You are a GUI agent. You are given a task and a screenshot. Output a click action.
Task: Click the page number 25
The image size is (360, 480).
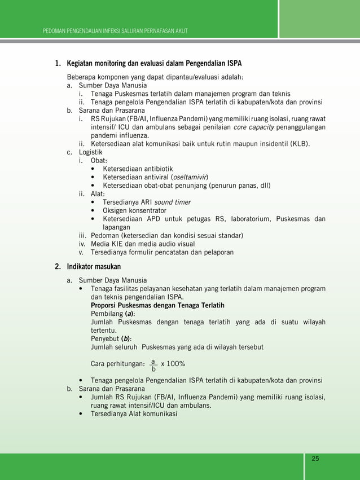[315, 458]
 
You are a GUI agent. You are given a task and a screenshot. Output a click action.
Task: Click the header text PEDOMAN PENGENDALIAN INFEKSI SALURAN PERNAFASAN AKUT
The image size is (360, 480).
[115, 30]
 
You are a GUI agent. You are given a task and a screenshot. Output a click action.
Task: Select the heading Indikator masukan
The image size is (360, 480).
[94, 266]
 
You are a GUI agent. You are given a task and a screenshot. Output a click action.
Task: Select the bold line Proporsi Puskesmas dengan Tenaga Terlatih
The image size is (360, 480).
[157, 305]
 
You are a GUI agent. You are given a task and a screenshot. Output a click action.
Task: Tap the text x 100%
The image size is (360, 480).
[173, 363]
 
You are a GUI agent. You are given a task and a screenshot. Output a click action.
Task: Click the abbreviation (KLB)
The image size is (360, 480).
[300, 143]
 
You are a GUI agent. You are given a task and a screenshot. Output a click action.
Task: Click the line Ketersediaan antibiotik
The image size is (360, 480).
[138, 169]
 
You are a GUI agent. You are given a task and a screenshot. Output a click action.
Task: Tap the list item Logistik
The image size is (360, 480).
[90, 152]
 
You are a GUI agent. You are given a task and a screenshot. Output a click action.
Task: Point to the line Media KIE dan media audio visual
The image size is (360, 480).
[147, 244]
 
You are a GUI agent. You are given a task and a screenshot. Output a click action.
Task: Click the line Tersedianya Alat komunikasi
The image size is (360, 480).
[134, 413]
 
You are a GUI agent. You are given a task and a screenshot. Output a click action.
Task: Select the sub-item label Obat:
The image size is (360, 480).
[99, 160]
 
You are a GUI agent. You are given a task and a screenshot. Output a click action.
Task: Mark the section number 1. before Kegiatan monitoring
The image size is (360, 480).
[58, 63]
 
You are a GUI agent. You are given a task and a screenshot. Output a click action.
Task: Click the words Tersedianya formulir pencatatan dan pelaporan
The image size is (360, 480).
[162, 252]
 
